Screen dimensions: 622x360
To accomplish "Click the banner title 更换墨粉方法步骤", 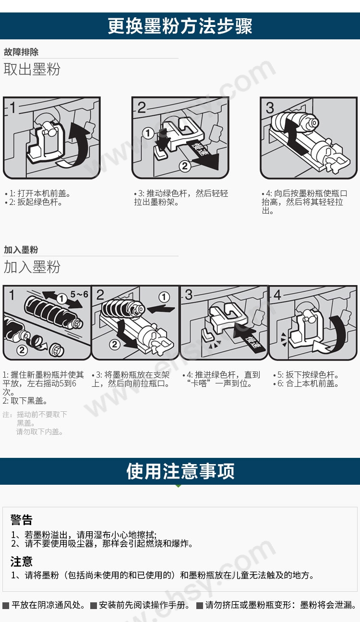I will click(180, 26).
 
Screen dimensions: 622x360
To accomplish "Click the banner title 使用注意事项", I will click(180, 471).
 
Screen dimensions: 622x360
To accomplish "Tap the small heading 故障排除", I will click(21, 52).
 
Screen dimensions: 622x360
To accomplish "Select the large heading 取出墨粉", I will click(32, 69).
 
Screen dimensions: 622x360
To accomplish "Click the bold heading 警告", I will click(22, 520).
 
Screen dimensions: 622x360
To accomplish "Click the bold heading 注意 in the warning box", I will click(22, 561).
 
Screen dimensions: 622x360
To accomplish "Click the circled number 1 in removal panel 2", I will click(149, 133).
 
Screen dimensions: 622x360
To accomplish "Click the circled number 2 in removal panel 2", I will click(185, 166).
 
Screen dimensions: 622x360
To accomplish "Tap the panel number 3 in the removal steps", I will click(270, 107).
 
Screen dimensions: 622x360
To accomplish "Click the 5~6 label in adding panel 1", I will click(79, 294).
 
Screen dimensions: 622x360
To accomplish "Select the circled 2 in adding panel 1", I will click(22, 350).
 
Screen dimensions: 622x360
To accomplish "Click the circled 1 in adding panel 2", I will click(164, 297).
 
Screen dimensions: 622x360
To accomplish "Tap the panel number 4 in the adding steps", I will click(277, 295).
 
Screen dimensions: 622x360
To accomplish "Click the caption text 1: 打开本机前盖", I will click(40, 193).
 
